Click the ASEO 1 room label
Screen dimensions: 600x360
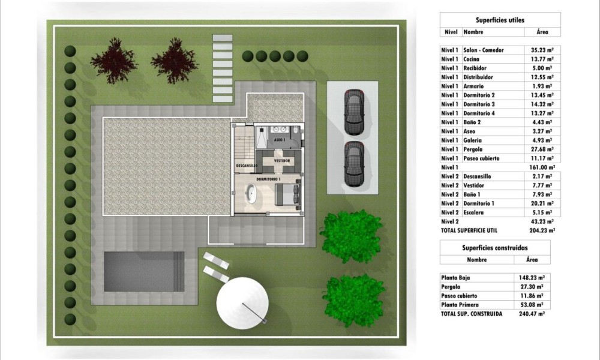pyautogui.click(x=280, y=140)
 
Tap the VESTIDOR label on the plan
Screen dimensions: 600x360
pyautogui.click(x=282, y=161)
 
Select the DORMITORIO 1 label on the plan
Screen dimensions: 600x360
pyautogui.click(x=268, y=179)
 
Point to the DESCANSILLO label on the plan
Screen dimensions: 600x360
pyautogui.click(x=247, y=166)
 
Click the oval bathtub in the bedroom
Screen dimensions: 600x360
pyautogui.click(x=251, y=193)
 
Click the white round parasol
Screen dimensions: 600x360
pyautogui.click(x=242, y=302)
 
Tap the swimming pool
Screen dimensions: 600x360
pyautogui.click(x=144, y=271)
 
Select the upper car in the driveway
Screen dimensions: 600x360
pyautogui.click(x=354, y=112)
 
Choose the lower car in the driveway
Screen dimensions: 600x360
pyautogui.click(x=355, y=164)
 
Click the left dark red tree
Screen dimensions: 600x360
pyautogui.click(x=114, y=60)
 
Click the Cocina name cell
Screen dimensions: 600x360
pyautogui.click(x=471, y=59)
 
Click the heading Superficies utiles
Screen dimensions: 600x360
pyautogui.click(x=500, y=20)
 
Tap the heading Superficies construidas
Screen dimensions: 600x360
pyautogui.click(x=495, y=248)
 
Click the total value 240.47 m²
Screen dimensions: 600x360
pyautogui.click(x=532, y=314)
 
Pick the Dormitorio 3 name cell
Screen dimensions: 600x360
pyautogui.click(x=479, y=104)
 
